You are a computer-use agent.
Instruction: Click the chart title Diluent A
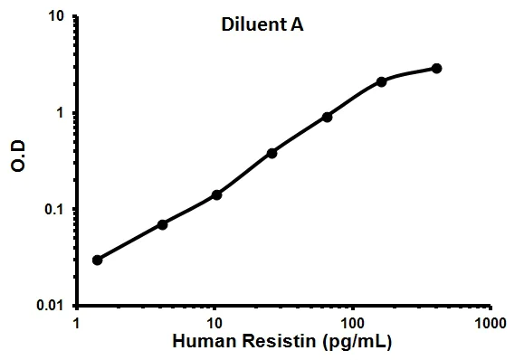pyautogui.click(x=262, y=25)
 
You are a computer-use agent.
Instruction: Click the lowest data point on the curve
pyautogui.click(x=97, y=260)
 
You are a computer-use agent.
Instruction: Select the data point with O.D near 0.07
pyautogui.click(x=162, y=224)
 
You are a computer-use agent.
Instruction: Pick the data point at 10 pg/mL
pyautogui.click(x=217, y=194)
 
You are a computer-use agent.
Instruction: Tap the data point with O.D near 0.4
pyautogui.click(x=272, y=153)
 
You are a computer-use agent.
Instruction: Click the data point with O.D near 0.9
pyautogui.click(x=327, y=117)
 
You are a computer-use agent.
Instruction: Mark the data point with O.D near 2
pyautogui.click(x=381, y=81)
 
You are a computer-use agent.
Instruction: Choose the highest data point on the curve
pyautogui.click(x=436, y=68)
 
